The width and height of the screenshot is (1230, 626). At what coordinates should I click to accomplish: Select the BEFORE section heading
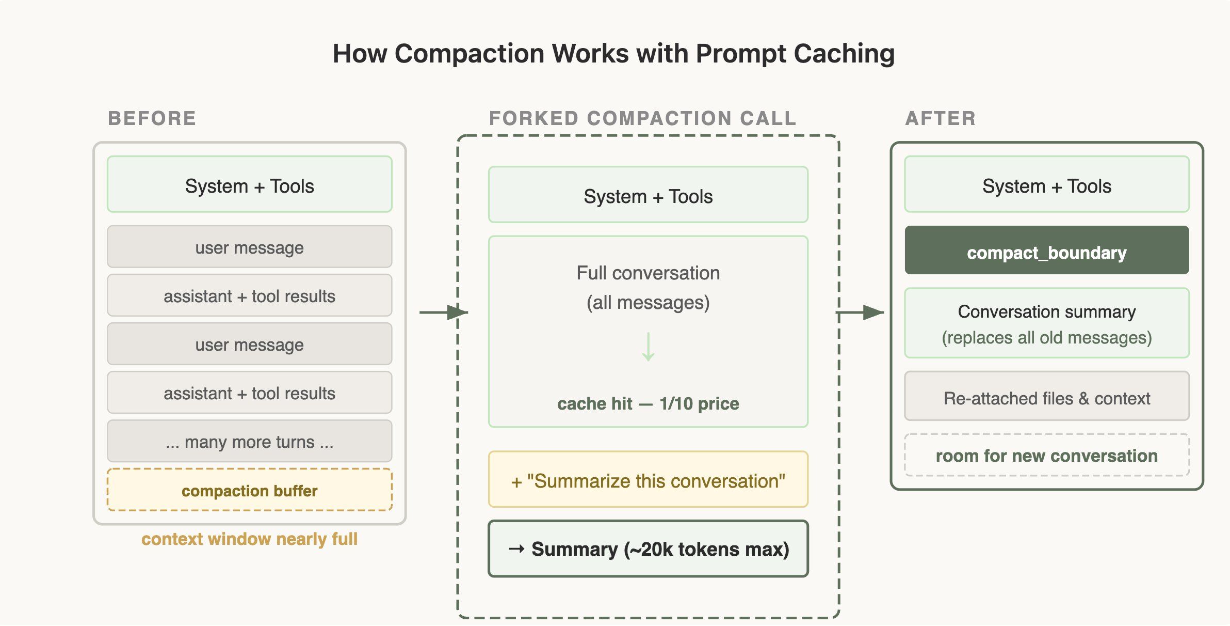point(152,118)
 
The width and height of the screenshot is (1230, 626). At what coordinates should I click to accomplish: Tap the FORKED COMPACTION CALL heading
point(642,118)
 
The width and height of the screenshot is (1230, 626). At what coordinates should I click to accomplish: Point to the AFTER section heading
point(941,118)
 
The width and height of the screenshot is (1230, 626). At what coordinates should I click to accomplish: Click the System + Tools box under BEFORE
point(249,184)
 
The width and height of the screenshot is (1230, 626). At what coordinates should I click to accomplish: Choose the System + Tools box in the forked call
point(648,195)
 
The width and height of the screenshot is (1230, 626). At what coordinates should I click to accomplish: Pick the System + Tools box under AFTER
point(1046,184)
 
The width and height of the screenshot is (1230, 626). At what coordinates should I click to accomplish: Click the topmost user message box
point(249,247)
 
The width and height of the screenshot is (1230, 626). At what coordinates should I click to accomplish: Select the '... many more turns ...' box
point(249,441)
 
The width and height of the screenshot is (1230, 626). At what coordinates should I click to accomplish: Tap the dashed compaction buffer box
point(249,490)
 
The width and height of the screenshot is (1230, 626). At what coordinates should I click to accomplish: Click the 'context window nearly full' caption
point(249,539)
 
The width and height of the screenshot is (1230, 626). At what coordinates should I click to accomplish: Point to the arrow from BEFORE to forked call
point(443,312)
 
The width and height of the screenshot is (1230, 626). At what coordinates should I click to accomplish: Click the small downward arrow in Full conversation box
point(648,347)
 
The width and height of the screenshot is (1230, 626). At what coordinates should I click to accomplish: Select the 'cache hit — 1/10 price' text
point(648,403)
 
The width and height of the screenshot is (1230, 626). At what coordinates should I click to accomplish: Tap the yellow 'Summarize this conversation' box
point(648,480)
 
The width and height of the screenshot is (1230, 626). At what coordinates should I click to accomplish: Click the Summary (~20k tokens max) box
point(648,549)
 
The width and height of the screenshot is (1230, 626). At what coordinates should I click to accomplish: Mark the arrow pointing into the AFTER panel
point(860,312)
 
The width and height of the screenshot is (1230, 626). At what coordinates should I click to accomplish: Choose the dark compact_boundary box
point(1046,251)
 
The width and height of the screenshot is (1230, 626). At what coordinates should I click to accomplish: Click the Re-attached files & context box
point(1046,397)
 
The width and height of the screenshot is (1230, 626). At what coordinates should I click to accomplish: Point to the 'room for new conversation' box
point(1046,455)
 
